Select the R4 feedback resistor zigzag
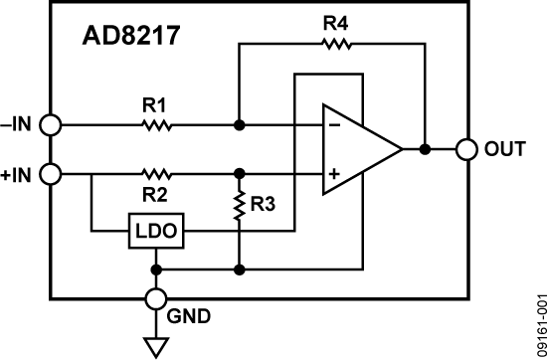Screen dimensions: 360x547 click(335, 44)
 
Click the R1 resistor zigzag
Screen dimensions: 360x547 click(157, 126)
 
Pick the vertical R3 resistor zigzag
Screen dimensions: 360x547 click(240, 207)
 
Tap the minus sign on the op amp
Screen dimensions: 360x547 click(333, 126)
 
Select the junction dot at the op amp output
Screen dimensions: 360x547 click(425, 150)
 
